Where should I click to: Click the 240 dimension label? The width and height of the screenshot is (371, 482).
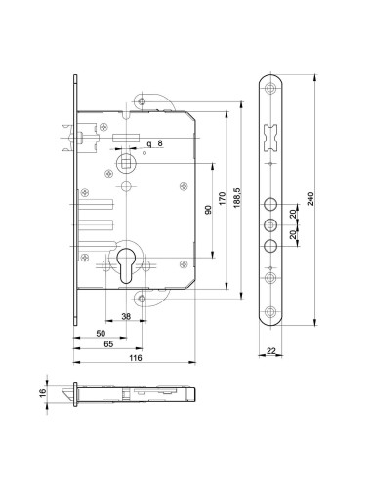(x=310, y=198)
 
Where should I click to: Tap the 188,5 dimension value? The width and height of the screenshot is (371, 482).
(x=237, y=197)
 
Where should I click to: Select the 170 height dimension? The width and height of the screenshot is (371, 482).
(x=222, y=198)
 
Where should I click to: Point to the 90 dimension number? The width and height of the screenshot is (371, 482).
(x=209, y=210)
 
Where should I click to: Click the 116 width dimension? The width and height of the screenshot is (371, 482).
(x=136, y=358)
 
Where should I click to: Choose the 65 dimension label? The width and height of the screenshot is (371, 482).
(x=108, y=344)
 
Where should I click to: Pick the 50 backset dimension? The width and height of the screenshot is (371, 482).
(x=102, y=333)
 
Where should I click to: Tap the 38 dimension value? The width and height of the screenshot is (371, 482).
(x=126, y=316)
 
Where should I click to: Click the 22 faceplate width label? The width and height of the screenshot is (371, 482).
(x=270, y=351)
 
